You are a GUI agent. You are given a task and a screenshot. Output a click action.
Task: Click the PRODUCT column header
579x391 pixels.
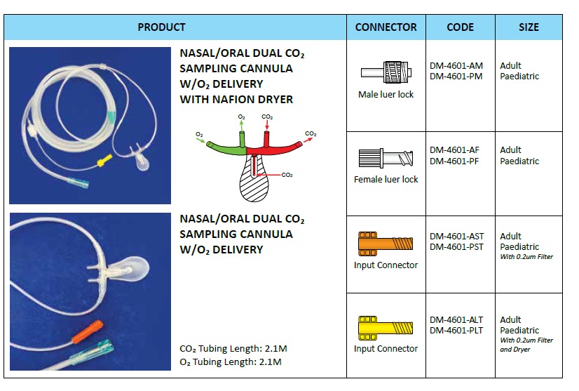(162, 27)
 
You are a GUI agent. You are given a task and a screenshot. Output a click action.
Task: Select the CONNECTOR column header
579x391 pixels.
(386, 27)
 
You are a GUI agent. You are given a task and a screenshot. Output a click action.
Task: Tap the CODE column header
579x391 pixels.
(460, 27)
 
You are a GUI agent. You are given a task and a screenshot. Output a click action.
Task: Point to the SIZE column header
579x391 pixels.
(529, 27)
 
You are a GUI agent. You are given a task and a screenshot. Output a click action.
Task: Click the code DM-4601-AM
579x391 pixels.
(456, 66)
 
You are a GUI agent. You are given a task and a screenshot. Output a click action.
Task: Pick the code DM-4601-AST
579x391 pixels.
(457, 237)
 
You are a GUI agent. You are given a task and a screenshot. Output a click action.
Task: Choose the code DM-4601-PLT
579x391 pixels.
(456, 330)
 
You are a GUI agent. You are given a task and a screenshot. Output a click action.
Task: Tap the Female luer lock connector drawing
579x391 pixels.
(386, 157)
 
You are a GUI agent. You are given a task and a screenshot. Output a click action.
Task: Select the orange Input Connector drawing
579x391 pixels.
(386, 243)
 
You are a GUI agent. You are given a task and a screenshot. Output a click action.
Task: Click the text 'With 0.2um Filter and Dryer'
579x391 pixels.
(526, 344)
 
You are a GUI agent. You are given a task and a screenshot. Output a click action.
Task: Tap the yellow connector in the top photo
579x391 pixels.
(104, 161)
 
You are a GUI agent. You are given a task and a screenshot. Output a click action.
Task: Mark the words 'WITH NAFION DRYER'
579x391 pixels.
(236, 100)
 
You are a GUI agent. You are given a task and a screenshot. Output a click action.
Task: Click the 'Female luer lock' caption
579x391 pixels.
(386, 180)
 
